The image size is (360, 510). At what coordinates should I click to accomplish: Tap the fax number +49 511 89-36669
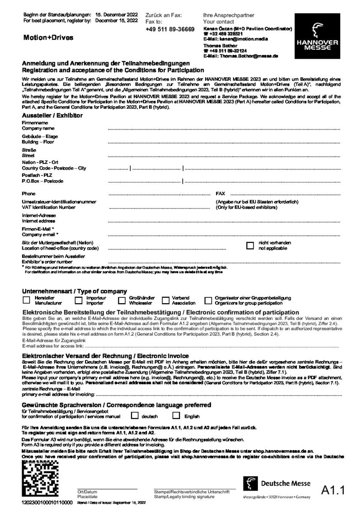click(x=170, y=29)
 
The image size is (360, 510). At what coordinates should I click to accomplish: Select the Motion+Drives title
click(x=48, y=38)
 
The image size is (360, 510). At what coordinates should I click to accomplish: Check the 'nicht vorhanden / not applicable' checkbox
click(x=250, y=245)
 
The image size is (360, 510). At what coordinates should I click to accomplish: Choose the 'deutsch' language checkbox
click(x=135, y=415)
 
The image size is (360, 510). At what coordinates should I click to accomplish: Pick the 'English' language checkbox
click(x=176, y=415)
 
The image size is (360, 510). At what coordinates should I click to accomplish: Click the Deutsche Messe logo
click(x=276, y=484)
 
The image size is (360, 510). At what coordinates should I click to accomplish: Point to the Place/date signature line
click(x=107, y=489)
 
